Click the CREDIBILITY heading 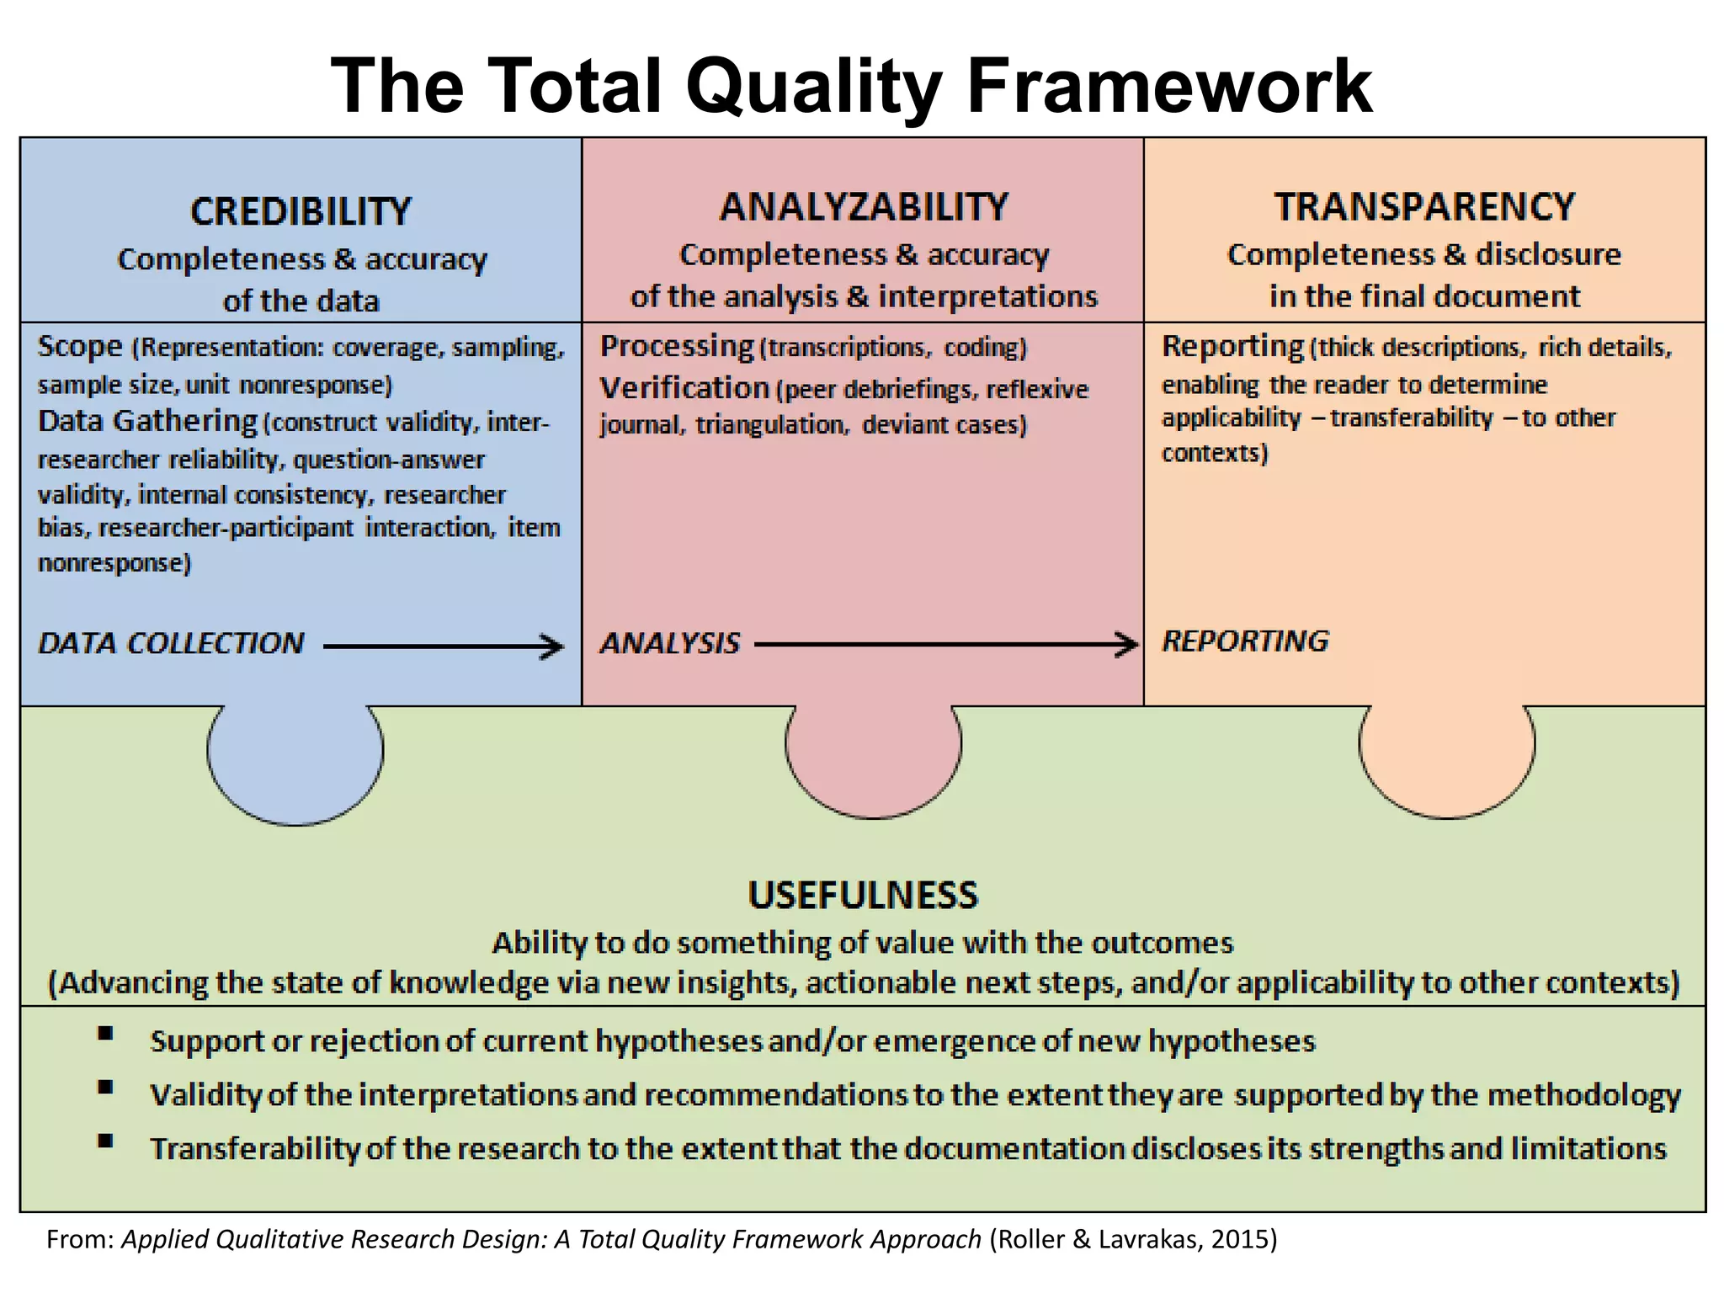[x=301, y=211]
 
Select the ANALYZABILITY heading [x=864, y=207]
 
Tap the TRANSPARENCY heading [x=1424, y=207]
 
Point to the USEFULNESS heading [x=863, y=895]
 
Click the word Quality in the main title [x=813, y=87]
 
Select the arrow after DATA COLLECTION [x=443, y=646]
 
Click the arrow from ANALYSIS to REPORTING [x=946, y=645]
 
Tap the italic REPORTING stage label [x=1245, y=641]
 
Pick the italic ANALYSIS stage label [x=670, y=644]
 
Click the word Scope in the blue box [x=80, y=347]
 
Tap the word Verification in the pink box [x=684, y=388]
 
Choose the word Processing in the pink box [x=677, y=346]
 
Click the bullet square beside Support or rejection [x=105, y=1034]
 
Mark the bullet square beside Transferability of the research [x=105, y=1141]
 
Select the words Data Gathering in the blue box [x=147, y=421]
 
